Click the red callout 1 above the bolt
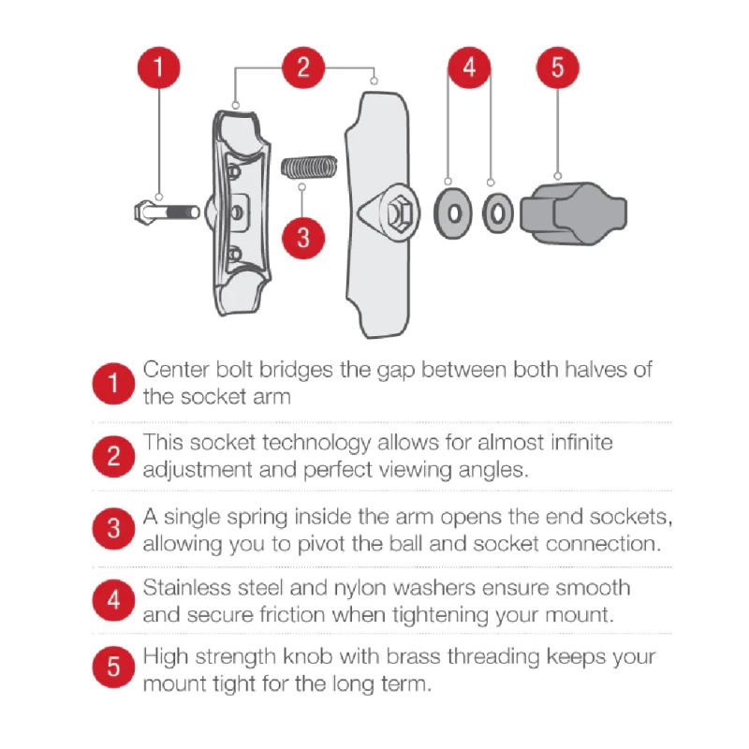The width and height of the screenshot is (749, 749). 158,67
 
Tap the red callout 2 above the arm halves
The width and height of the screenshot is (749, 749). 303,67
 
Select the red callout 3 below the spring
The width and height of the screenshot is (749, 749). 303,238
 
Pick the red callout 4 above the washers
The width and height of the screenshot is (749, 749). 469,67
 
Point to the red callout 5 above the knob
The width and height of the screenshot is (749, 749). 557,67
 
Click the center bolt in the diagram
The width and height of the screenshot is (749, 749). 167,213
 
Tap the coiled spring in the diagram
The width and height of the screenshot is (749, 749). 309,167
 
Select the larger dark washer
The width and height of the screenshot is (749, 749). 453,213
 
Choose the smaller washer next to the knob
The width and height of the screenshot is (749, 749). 497,213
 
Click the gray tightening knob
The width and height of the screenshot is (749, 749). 573,213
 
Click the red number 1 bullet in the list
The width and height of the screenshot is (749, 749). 113,383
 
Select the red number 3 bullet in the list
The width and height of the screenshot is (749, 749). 113,528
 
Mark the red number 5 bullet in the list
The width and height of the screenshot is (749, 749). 113,667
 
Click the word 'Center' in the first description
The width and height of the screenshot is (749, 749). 176,370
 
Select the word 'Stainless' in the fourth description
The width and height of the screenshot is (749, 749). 186,588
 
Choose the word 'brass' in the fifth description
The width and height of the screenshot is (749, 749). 413,657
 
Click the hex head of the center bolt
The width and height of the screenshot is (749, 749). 143,213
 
